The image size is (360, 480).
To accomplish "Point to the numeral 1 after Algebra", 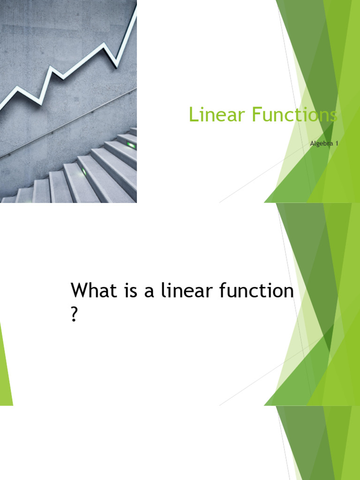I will [x=336, y=143].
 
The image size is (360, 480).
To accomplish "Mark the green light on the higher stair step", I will [x=131, y=146].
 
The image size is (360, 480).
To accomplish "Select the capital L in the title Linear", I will [x=192, y=114].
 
